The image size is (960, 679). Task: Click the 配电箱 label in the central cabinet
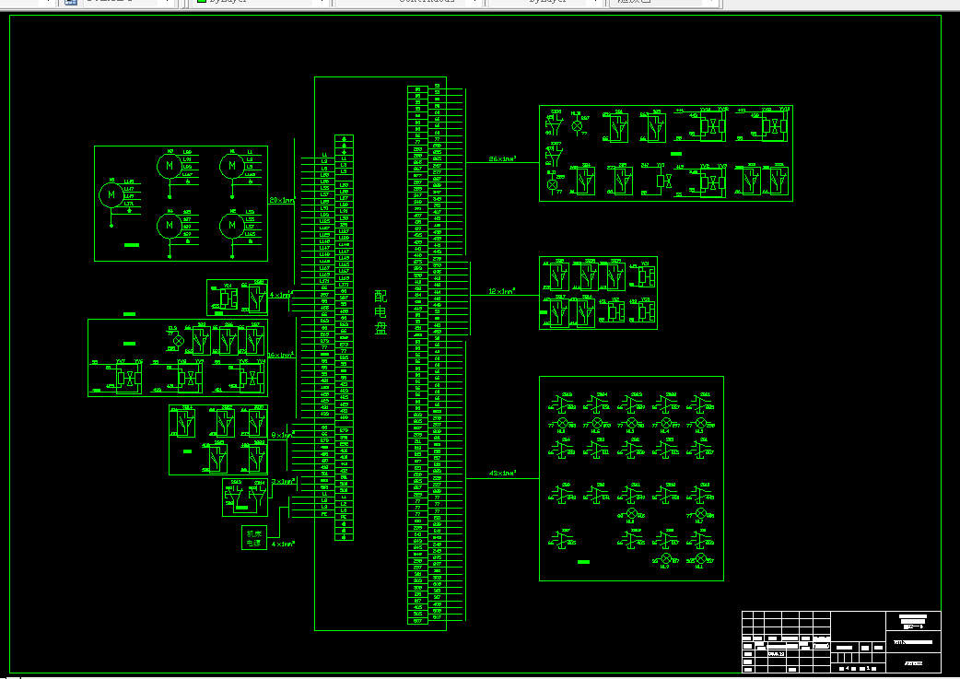click(380, 312)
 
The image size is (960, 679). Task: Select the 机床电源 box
click(252, 538)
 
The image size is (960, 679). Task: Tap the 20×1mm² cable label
click(281, 200)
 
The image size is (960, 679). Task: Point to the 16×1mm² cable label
click(281, 356)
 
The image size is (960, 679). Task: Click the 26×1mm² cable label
click(502, 159)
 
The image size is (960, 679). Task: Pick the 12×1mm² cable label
click(501, 291)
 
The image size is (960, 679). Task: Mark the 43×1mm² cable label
click(502, 474)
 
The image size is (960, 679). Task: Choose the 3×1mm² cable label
click(284, 482)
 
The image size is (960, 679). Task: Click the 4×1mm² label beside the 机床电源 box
click(283, 544)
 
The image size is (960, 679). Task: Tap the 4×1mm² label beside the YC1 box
click(281, 296)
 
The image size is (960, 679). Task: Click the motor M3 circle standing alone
click(112, 194)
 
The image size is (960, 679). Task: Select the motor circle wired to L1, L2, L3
click(231, 166)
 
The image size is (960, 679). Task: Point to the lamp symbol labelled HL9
click(665, 559)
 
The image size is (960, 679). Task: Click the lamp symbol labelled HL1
click(700, 559)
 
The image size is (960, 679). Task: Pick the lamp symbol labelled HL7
click(700, 512)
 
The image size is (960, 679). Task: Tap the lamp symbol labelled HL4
click(665, 423)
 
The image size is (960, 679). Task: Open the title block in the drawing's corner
click(841, 641)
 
